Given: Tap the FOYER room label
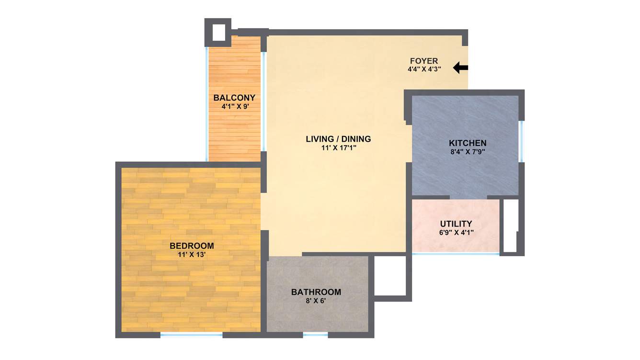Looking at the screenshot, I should (424, 61).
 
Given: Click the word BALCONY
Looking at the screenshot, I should (234, 98).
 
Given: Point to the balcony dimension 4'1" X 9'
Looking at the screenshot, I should (235, 107).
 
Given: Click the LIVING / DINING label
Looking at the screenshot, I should (338, 139).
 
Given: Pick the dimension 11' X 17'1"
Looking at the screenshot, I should (339, 148).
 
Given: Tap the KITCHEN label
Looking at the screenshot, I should (468, 143).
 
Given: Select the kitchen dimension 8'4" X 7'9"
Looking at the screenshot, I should (467, 152).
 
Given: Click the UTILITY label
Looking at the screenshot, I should (456, 224).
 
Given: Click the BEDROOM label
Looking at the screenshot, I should (192, 246).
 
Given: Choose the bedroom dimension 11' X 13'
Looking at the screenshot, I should (191, 255).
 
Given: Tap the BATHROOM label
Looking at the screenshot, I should (316, 292).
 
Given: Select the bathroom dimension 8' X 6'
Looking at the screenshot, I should (316, 301).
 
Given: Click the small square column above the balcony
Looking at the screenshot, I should (218, 32).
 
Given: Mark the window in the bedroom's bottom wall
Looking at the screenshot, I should (191, 335).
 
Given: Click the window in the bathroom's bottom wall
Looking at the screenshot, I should (315, 335).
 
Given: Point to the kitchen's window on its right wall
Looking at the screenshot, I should (521, 142).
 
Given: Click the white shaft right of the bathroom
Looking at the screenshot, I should (389, 276).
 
